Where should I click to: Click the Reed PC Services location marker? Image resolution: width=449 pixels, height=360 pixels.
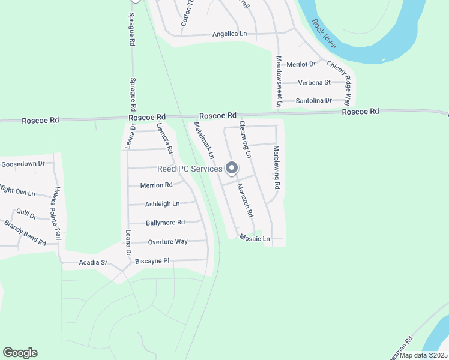[x=232, y=170]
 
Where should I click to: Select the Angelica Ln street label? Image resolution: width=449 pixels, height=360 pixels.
[x=229, y=34]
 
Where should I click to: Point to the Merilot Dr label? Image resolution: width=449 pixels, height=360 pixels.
[x=301, y=64]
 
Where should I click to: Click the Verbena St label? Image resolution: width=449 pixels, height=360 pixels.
[x=315, y=82]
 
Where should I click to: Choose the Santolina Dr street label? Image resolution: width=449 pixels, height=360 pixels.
[x=314, y=100]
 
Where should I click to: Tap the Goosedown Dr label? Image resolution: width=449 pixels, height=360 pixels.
[x=23, y=163]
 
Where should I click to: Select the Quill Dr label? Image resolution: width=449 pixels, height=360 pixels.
[x=26, y=213]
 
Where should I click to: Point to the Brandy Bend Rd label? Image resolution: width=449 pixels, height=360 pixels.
[x=25, y=233]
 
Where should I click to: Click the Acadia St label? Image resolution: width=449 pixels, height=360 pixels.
[x=92, y=263]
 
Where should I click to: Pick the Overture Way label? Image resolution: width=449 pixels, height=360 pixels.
[x=168, y=242]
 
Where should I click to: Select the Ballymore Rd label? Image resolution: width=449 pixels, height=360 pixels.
[x=165, y=223]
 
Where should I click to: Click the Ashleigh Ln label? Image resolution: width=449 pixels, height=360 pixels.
[x=162, y=204]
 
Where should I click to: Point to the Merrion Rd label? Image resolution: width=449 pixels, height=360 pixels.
[x=156, y=185]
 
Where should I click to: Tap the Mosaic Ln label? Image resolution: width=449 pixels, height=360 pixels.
[x=255, y=238]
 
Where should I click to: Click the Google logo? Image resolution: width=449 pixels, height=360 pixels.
[x=20, y=353]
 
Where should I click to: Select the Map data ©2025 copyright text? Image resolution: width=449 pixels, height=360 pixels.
[x=423, y=355]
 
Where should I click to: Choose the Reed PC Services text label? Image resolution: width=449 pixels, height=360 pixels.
[x=190, y=169]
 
